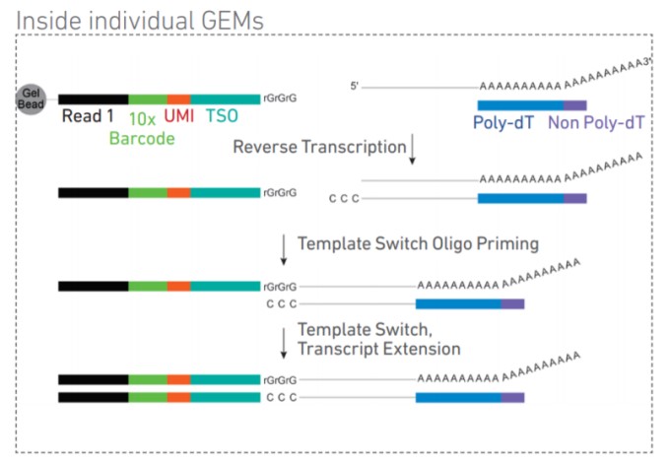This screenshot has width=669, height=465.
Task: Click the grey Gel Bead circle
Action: [31, 99]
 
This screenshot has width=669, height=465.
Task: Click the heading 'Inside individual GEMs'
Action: [140, 21]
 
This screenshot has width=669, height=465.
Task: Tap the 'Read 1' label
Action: [88, 116]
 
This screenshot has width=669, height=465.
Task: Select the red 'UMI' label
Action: [179, 115]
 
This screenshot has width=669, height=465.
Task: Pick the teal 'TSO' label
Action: [222, 115]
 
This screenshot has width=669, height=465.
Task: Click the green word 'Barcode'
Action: [142, 139]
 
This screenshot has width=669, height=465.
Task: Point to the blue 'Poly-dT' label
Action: [503, 123]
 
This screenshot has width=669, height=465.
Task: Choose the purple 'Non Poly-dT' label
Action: [596, 123]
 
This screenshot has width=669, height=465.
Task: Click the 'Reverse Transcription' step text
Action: [319, 147]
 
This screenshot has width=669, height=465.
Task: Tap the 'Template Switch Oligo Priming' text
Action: [418, 244]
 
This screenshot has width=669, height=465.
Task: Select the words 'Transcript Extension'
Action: [379, 349]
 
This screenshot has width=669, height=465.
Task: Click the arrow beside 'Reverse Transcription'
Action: [412, 150]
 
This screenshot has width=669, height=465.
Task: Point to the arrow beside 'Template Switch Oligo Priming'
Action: [284, 250]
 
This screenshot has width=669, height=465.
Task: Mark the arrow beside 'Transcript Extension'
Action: [284, 344]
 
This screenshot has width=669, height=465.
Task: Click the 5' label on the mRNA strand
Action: [354, 86]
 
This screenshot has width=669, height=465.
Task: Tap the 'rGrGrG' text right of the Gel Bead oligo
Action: [280, 99]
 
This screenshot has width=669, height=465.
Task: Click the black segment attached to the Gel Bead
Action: [94, 100]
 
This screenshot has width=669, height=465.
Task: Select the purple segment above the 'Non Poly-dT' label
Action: [575, 105]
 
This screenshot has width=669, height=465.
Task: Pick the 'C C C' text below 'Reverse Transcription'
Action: [344, 199]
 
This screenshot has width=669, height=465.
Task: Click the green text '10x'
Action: [142, 119]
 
